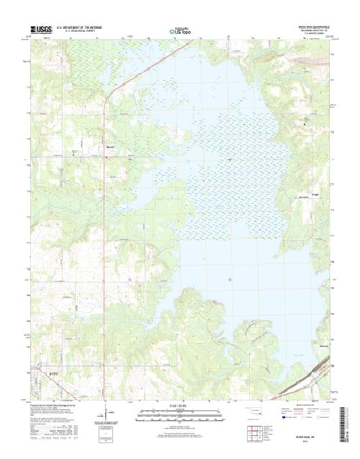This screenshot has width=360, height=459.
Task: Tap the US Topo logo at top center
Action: pyautogui.click(x=180, y=32)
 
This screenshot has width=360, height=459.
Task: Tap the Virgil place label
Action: pyautogui.click(x=315, y=194)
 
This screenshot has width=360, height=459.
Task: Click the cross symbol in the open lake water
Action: pyautogui.click(x=230, y=278)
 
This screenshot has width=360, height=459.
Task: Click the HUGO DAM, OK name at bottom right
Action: pyautogui.click(x=299, y=436)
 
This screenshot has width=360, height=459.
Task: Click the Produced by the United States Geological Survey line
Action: pyautogui.click(x=54, y=406)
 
